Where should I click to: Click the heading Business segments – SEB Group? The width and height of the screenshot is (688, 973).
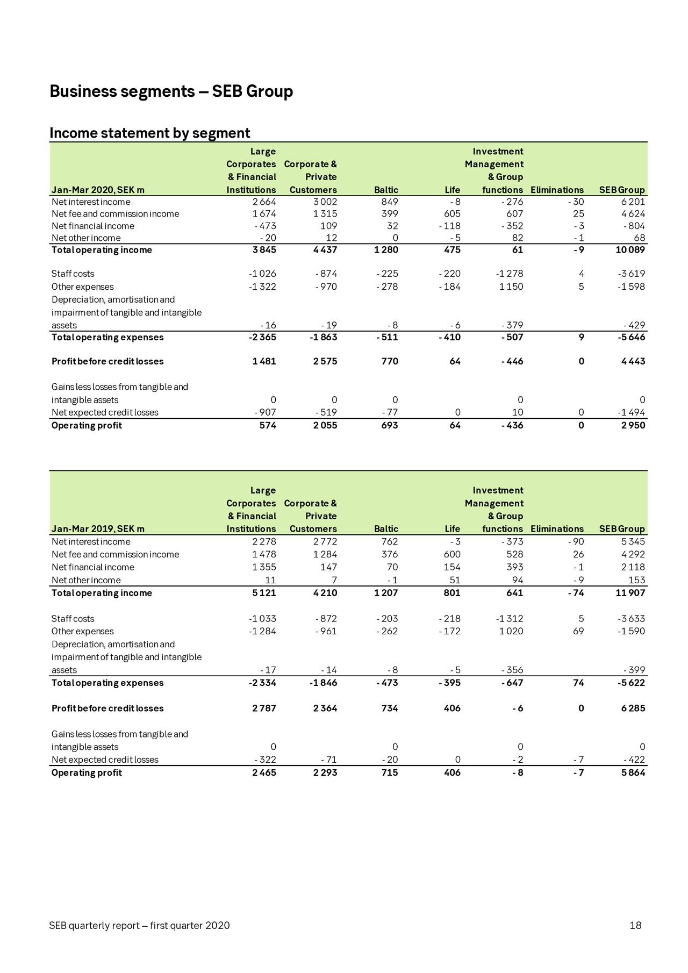pos(171,91)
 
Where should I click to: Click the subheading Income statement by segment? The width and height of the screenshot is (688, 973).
pos(149,133)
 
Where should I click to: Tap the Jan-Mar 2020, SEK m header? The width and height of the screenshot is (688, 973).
pos(98,190)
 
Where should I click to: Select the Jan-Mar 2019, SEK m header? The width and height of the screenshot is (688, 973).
pos(98,529)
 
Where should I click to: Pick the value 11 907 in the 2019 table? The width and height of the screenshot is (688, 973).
pos(630,593)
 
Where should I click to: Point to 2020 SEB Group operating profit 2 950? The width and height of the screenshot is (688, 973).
pos(633,426)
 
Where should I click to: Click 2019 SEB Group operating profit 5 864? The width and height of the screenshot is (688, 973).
pos(633,773)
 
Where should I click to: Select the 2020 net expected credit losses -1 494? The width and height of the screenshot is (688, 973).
pos(631,413)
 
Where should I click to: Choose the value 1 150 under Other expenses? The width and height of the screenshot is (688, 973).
pos(511,287)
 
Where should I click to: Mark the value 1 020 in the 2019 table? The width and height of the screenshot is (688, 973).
pos(511,632)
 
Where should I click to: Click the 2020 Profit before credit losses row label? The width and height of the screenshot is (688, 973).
pos(107,362)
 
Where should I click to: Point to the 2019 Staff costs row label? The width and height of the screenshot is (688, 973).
pos(73,619)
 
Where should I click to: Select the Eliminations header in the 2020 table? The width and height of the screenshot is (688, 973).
pos(556,190)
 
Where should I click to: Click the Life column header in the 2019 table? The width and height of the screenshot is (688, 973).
pos(452,529)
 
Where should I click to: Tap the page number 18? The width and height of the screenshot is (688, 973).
pos(635,926)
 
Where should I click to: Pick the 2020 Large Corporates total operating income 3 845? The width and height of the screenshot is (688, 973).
pos(264,250)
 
